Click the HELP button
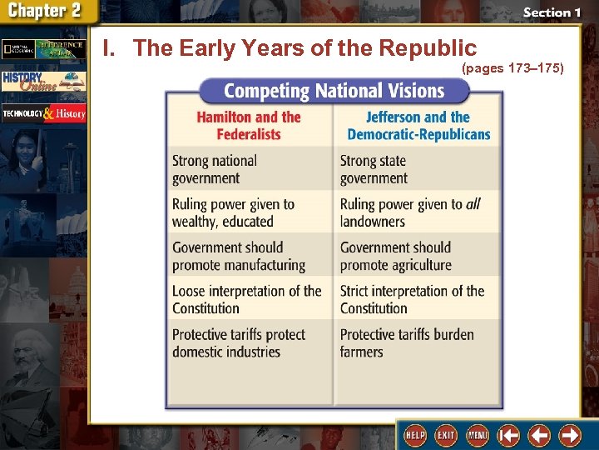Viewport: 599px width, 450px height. [x=414, y=435]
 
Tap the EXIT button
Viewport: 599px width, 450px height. [x=446, y=435]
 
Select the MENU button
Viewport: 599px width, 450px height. [x=478, y=435]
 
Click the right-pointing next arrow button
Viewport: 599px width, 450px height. [x=570, y=435]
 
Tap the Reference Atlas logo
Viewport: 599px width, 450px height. [x=43, y=49]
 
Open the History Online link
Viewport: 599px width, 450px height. [x=43, y=81]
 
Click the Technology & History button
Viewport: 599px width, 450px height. [x=43, y=112]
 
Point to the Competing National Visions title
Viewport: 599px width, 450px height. [x=334, y=90]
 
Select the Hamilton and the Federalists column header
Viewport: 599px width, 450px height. [x=249, y=126]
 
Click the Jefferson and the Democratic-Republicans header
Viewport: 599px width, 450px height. [x=418, y=126]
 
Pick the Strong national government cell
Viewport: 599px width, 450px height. [x=215, y=169]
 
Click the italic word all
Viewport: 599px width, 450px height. [x=473, y=204]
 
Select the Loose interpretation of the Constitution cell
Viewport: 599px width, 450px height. [x=246, y=299]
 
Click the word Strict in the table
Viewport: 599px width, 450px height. [x=358, y=291]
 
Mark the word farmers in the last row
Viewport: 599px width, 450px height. [x=362, y=352]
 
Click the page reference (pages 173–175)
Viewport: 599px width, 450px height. [x=512, y=68]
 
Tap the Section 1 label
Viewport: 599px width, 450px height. [x=547, y=12]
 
